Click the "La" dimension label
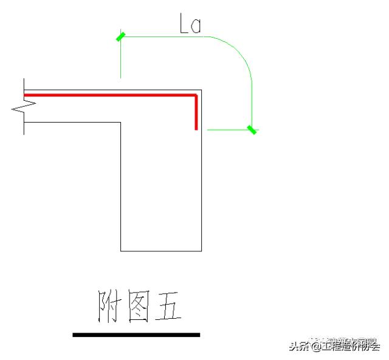pyautogui.click(x=190, y=24)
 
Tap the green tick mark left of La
pyautogui.click(x=120, y=37)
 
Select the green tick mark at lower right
pyautogui.click(x=252, y=129)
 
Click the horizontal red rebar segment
pyautogui.click(x=109, y=95)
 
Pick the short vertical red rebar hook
pyautogui.click(x=196, y=115)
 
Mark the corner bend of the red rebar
pyautogui.click(x=196, y=96)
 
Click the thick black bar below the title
pyautogui.click(x=136, y=335)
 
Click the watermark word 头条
pyautogui.click(x=298, y=347)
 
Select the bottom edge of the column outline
pyautogui.click(x=161, y=251)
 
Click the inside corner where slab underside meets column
pyautogui.click(x=120, y=123)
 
